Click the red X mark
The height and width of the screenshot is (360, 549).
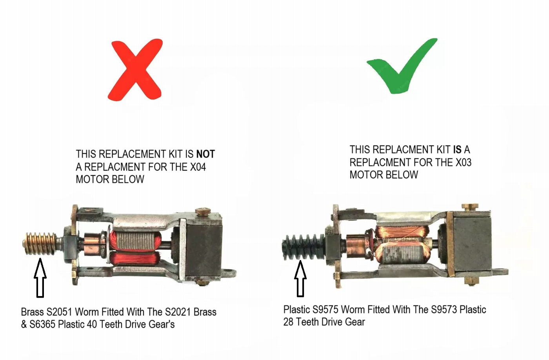coord(136,70)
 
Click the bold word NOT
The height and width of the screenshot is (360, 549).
coord(205,154)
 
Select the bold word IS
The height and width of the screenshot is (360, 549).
coord(457,149)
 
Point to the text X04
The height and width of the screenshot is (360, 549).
coord(198,167)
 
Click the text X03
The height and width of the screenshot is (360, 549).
coord(464,162)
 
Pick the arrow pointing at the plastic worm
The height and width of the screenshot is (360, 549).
coord(300,279)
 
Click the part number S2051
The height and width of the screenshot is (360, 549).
coord(59,312)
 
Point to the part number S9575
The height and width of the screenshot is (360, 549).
coord(325,309)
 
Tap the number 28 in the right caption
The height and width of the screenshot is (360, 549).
coord(288,322)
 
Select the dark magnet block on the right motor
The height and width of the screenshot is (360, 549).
coord(472,244)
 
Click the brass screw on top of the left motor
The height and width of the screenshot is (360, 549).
coord(203,211)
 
